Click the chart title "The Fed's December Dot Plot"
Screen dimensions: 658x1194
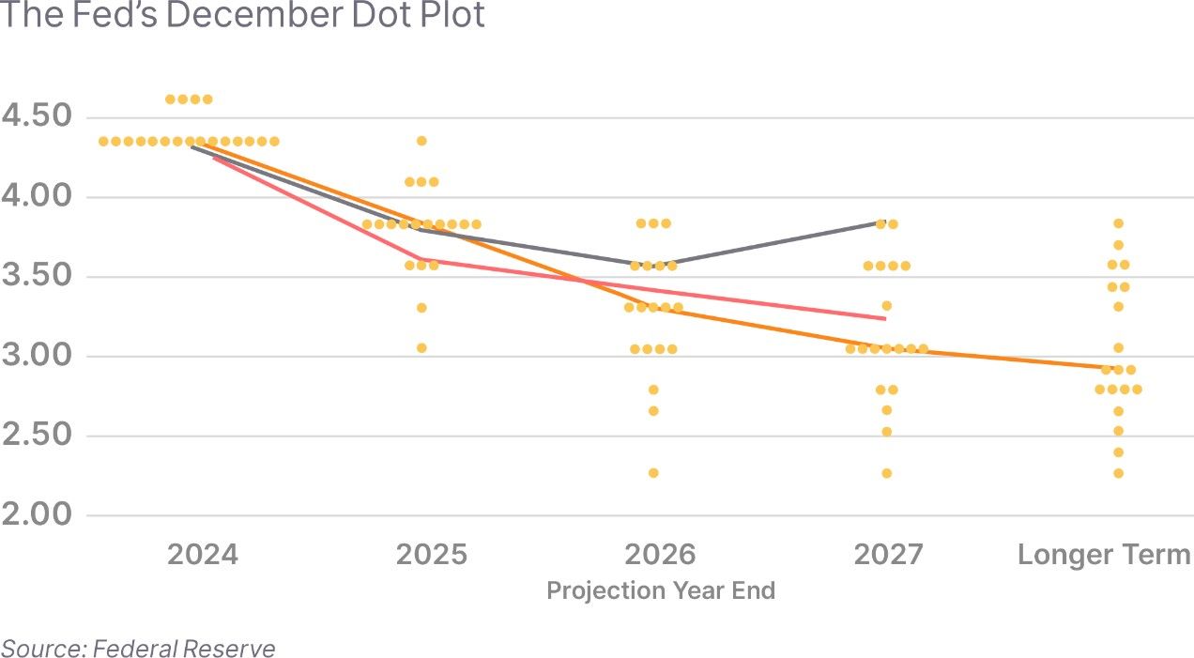tap(242, 16)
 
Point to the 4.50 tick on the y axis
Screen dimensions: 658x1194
tap(38, 116)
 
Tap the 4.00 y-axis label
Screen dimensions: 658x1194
tap(38, 197)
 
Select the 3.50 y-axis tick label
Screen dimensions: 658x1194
tap(38, 277)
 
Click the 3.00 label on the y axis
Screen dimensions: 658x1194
tap(38, 357)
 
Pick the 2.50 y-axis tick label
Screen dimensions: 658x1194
tap(38, 436)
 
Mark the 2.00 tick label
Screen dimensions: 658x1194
tap(38, 515)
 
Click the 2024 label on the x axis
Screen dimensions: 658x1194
tap(202, 554)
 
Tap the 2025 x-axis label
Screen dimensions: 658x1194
tap(431, 554)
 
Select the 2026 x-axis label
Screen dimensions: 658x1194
tap(661, 554)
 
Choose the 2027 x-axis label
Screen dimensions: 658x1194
tap(888, 554)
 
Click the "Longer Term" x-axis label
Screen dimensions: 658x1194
tap(1104, 554)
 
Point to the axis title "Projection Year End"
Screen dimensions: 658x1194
tap(661, 590)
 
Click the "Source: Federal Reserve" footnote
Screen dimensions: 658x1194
tap(138, 648)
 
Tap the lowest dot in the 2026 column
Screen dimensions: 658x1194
tap(653, 473)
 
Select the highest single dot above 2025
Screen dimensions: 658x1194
tap(421, 141)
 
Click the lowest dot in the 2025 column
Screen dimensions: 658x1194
tap(421, 348)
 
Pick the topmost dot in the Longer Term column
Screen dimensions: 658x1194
tap(1118, 223)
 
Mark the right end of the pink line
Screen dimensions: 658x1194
tap(884, 318)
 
